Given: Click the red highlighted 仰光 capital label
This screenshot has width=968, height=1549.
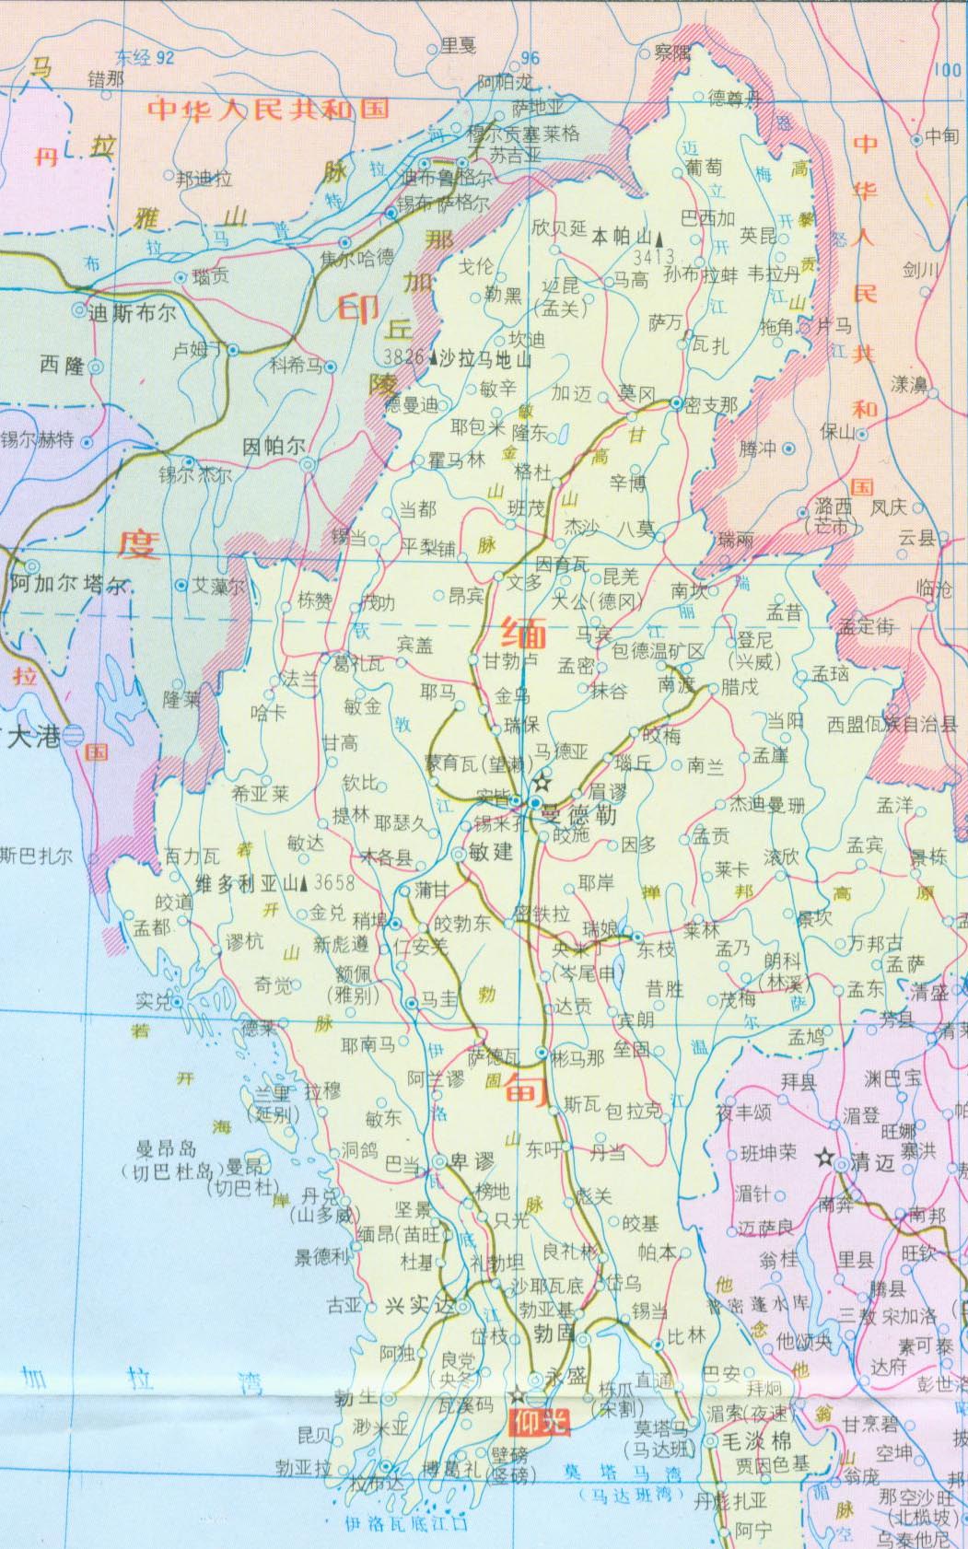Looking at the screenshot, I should [540, 1423].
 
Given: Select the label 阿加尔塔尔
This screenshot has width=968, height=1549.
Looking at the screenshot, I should [69, 584].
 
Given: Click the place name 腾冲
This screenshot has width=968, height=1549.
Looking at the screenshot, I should [758, 448].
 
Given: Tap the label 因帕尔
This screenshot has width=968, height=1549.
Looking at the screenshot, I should [274, 447].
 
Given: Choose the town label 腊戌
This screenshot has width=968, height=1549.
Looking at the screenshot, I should [740, 688].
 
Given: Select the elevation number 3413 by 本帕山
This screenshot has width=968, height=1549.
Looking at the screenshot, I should [654, 257].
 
